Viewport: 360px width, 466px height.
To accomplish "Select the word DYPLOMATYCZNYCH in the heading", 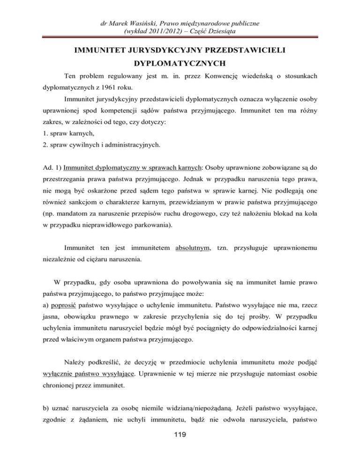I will [x=180, y=62].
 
